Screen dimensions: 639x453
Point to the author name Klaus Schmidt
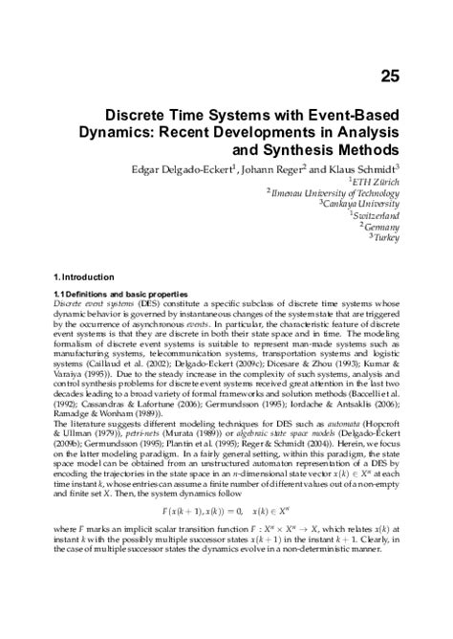pyautogui.click(x=368, y=170)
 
